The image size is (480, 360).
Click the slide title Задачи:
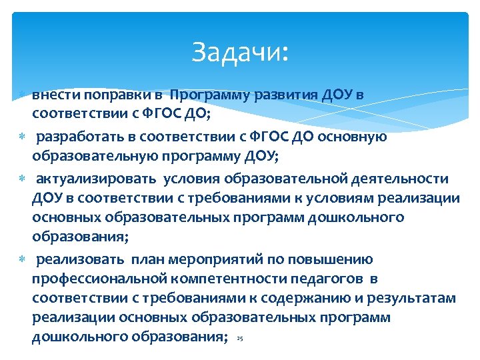tap(241, 51)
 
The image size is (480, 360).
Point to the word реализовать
tap(79, 259)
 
